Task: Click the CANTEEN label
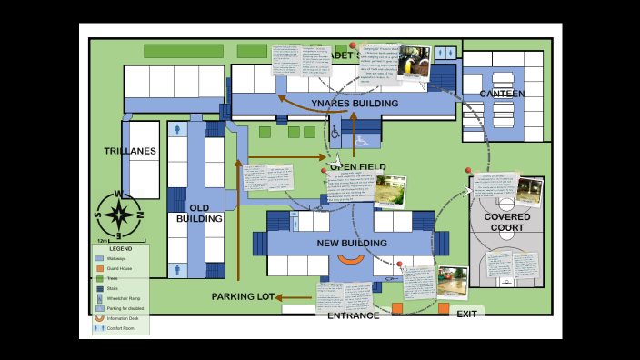502,94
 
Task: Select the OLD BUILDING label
199,214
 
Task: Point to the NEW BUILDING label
351,244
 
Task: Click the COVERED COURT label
506,223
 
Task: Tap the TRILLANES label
130,151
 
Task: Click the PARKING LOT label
242,297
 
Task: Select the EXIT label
466,315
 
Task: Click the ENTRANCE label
353,315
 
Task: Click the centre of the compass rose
118,215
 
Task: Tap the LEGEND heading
120,248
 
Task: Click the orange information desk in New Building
351,260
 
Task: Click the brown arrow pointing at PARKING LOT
293,297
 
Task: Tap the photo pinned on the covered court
527,192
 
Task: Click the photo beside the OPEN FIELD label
390,189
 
